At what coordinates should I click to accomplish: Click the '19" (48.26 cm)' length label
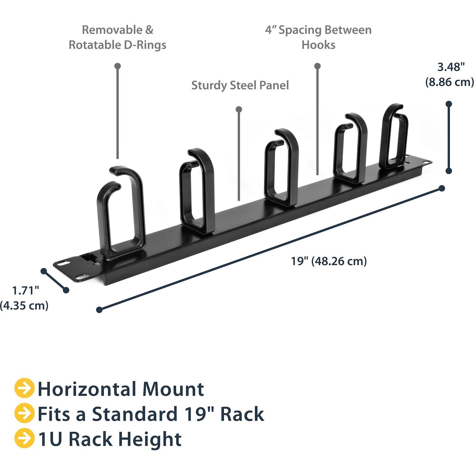coord(329,261)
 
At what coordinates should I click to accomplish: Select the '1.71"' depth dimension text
coord(25,290)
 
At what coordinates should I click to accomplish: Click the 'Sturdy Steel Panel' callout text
coord(240,85)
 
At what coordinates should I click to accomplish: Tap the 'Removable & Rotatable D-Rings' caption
coord(117,37)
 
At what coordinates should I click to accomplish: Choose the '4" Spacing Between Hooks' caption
coord(318,37)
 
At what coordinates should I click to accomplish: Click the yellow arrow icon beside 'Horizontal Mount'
coord(24,388)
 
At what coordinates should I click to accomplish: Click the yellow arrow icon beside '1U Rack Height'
coord(24,438)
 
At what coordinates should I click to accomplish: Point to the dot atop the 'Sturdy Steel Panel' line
coord(239,109)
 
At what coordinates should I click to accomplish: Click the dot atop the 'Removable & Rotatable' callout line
coord(118,66)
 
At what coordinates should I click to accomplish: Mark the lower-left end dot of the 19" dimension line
coord(100,310)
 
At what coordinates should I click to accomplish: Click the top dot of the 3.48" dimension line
coord(449,104)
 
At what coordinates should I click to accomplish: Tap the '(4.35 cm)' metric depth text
coord(24,306)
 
